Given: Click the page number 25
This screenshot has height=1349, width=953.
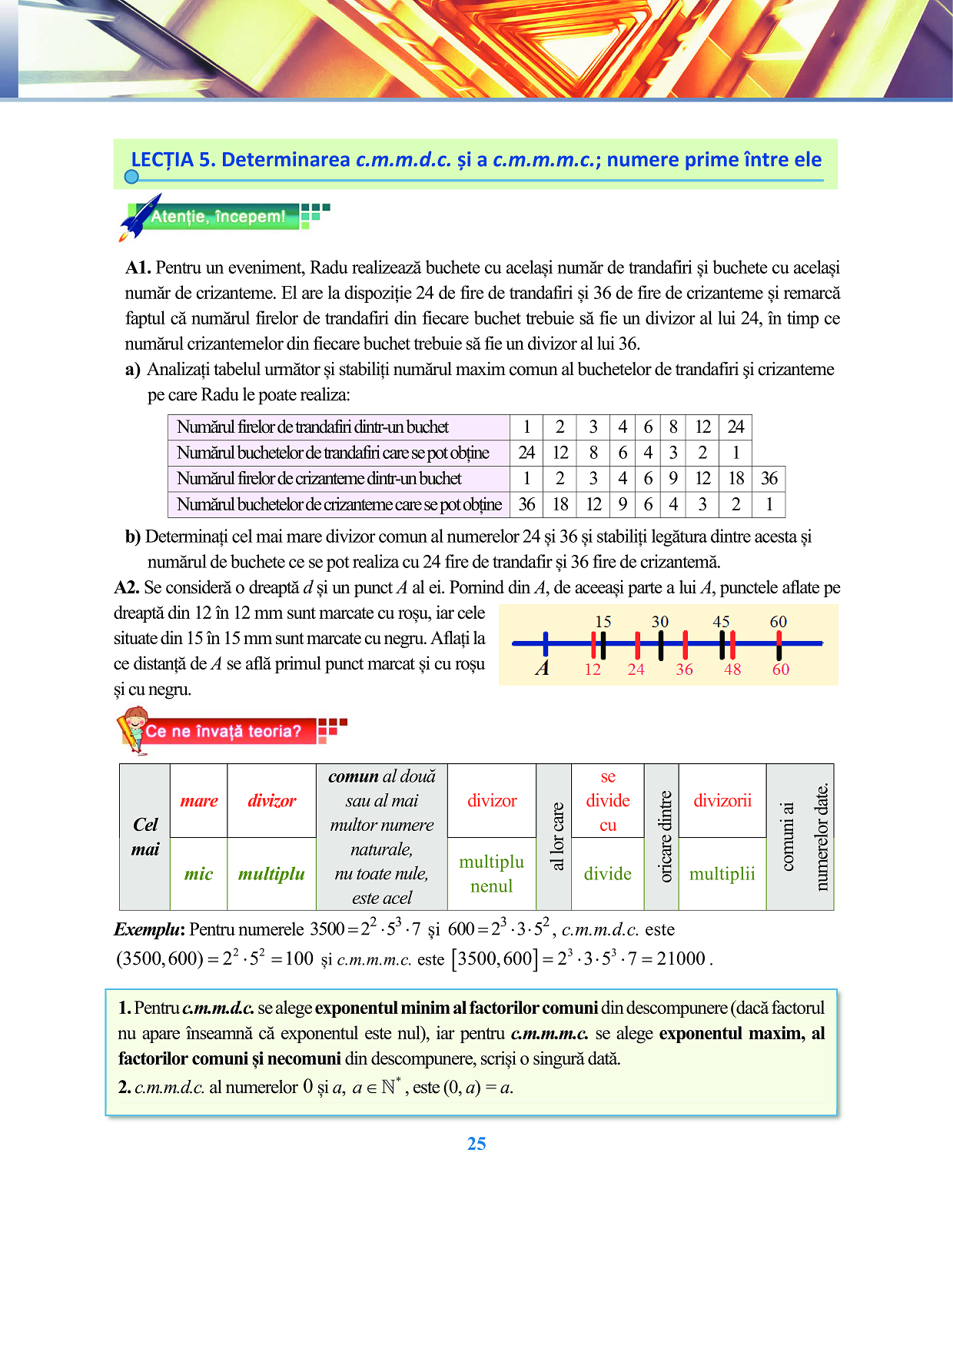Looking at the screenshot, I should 476,1144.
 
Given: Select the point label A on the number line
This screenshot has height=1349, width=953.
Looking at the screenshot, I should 543,668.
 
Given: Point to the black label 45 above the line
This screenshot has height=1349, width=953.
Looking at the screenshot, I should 721,621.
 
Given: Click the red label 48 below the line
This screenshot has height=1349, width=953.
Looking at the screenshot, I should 732,670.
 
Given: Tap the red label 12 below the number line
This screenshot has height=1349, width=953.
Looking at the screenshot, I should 593,670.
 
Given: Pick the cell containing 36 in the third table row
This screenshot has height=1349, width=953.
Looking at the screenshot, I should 769,479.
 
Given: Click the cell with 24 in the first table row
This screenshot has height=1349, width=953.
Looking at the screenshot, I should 736,427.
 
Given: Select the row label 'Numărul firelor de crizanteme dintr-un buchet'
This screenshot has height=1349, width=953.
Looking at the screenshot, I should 319,479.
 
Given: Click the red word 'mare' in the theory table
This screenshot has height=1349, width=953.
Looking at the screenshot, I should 199,801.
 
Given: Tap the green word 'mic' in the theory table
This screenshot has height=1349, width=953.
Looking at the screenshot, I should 198,874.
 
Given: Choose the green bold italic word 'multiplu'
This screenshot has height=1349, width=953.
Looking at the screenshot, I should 271,874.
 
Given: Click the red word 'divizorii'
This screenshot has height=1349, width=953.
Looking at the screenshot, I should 722,801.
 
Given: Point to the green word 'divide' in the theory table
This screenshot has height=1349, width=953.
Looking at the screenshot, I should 607,874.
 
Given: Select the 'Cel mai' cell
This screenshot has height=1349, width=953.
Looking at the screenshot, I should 145,837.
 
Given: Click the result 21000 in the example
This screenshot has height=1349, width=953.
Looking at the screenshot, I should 681,959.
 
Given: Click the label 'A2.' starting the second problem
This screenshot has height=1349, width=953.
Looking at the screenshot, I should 127,588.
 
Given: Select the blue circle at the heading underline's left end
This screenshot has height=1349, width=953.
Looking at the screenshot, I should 131,177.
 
